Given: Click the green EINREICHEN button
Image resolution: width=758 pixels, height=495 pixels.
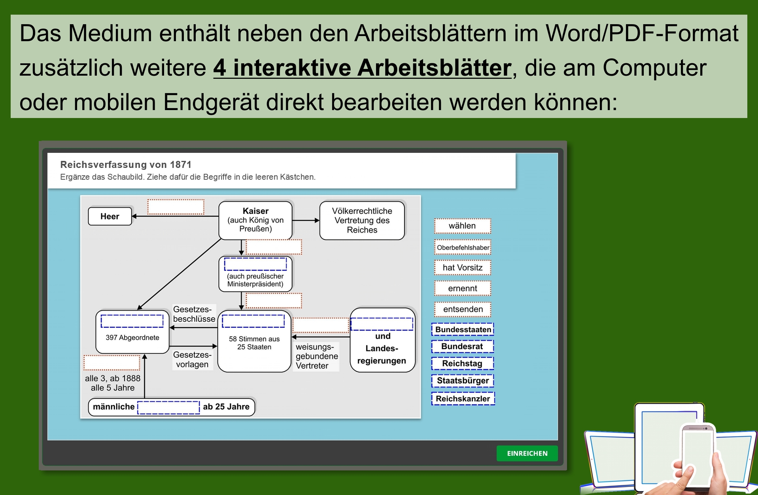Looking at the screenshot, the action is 527,453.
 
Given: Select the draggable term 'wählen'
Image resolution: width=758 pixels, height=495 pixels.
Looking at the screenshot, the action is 463,226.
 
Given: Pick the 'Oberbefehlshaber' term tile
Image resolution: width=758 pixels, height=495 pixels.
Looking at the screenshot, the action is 463,247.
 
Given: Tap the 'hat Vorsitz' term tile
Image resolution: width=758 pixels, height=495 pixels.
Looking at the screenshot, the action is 463,268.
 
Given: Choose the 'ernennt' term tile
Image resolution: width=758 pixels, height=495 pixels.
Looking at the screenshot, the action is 463,288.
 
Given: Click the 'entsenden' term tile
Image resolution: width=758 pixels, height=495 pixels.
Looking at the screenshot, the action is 463,309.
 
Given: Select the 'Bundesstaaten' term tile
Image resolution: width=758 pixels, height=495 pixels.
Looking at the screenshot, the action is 463,329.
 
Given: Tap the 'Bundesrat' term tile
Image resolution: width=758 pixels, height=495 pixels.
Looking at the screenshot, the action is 463,346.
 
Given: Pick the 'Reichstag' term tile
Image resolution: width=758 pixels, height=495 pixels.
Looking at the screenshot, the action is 463,364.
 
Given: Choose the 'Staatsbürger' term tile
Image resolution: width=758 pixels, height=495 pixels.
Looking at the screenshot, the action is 463,381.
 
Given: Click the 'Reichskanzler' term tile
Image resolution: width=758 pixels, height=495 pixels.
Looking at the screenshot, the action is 463,398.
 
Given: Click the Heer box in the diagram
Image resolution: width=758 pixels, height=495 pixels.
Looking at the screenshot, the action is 110,216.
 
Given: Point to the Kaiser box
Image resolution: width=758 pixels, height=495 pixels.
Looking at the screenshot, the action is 255,220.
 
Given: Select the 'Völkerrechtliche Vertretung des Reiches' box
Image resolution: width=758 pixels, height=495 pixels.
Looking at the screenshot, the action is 362,220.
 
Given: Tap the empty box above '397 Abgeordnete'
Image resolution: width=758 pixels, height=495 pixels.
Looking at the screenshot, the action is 132,321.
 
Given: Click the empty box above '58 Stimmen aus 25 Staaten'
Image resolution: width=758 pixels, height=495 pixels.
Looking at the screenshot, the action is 253,321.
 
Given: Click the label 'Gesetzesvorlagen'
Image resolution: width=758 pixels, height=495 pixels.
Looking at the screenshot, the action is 192,360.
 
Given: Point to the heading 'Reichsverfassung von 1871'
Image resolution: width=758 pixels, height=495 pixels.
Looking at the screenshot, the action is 126,165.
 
